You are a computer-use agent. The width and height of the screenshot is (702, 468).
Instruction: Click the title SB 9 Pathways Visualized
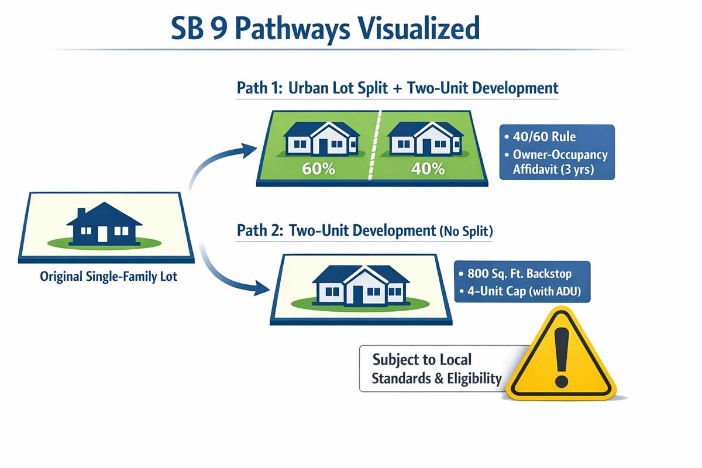tap(325, 28)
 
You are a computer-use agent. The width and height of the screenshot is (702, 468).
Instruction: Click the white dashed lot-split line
tap(372, 146)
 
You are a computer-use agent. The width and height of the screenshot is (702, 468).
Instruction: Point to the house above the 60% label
tap(321, 139)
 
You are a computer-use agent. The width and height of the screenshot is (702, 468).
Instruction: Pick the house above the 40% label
tap(425, 139)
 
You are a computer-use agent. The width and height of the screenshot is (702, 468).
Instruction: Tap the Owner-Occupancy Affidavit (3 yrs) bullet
tap(559, 163)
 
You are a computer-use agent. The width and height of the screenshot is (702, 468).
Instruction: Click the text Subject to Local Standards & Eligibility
tap(437, 369)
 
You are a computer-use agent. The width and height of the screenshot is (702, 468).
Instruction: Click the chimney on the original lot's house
tap(82, 212)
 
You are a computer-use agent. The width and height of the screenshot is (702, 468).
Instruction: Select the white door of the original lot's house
tap(103, 233)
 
